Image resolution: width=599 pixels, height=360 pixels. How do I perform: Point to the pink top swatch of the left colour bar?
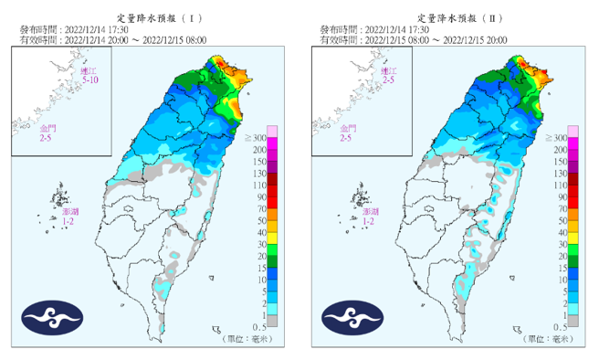tap(272, 131)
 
